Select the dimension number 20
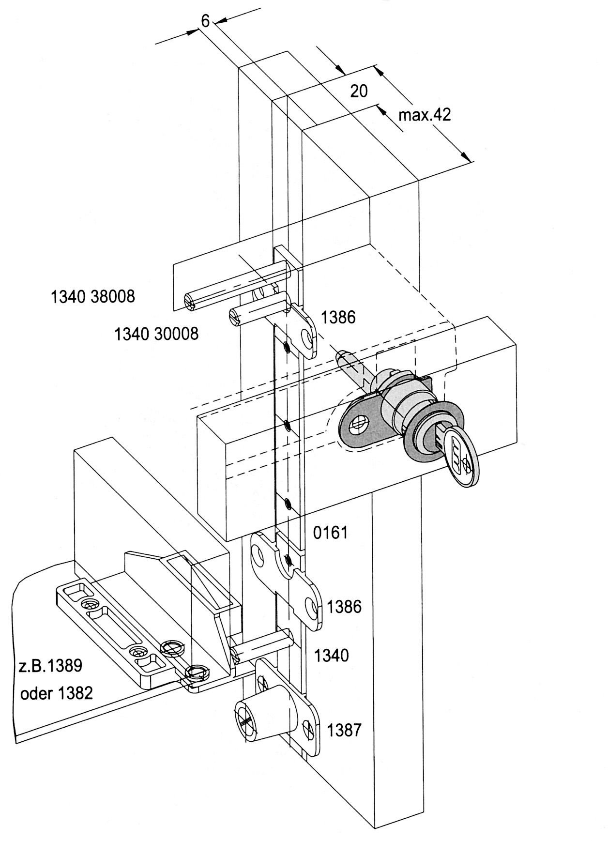[x=359, y=91]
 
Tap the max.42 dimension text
[x=425, y=115]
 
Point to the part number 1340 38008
[x=93, y=296]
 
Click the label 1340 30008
[x=156, y=334]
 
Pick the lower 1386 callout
[x=344, y=606]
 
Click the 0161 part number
[x=331, y=533]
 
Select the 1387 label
[x=344, y=730]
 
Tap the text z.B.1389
[x=51, y=665]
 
